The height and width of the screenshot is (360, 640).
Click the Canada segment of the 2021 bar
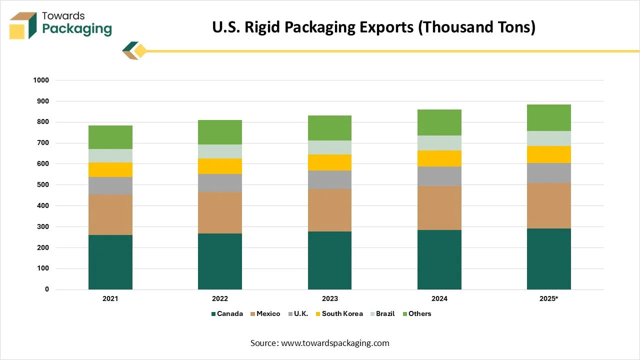[110, 262]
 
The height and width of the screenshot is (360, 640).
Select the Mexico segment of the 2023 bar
[329, 210]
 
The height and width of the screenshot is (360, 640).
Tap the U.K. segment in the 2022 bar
[220, 183]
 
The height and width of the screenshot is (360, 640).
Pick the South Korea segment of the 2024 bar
[439, 158]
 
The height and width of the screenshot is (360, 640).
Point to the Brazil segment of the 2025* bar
[549, 138]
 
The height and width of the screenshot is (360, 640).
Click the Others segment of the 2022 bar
[220, 132]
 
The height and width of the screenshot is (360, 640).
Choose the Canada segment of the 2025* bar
[549, 259]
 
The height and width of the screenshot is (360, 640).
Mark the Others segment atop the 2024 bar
[439, 122]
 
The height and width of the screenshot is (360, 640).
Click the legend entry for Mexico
[268, 314]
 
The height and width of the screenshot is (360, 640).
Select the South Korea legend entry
[342, 314]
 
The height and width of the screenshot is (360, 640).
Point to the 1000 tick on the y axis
[41, 80]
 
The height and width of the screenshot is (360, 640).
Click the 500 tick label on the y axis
[42, 185]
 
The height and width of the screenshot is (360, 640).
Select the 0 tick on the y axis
[47, 289]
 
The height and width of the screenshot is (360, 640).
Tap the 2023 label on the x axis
[329, 298]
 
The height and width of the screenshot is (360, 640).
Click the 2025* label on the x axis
[549, 298]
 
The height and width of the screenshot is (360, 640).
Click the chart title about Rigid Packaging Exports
[373, 27]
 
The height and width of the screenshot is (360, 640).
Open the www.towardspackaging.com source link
[335, 343]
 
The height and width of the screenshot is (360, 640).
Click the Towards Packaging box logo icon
[23, 25]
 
